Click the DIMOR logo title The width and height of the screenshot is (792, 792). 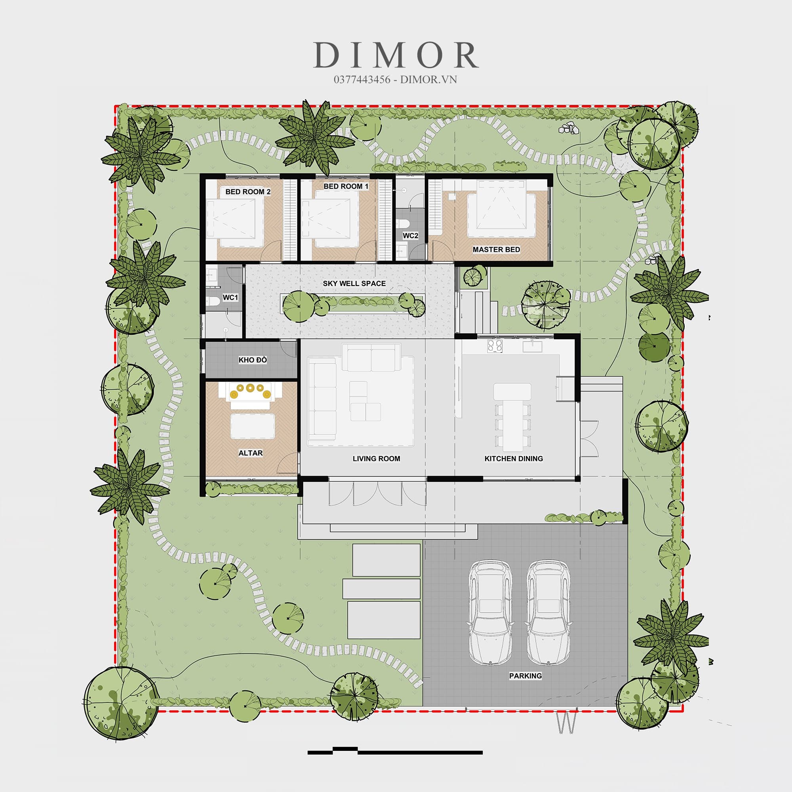coord(396,55)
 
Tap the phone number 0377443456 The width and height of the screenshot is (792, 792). coord(362,80)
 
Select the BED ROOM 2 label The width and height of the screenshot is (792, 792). coord(248,191)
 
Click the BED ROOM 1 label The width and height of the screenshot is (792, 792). coord(346,186)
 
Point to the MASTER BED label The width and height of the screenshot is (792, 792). coord(496,249)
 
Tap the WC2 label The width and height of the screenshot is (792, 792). coord(410,236)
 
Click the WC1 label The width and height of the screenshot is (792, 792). coord(230,297)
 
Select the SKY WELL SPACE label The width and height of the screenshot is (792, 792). coord(354,283)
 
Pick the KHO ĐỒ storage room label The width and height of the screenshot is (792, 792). coord(253,360)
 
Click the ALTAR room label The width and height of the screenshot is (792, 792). coord(251,453)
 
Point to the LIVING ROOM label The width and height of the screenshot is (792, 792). coord(376,458)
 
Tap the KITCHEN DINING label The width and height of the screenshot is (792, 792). coord(514,458)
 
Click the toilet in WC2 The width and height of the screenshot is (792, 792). coord(403,223)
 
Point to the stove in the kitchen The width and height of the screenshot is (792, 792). coord(495,346)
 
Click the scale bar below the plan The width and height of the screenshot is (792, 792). coord(395,750)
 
